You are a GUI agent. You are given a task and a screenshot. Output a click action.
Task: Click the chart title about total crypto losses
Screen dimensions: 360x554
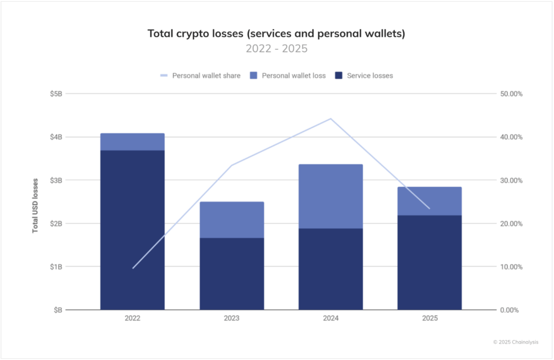(276, 34)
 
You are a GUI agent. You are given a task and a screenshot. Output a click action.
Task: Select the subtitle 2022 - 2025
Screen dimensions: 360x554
(276, 49)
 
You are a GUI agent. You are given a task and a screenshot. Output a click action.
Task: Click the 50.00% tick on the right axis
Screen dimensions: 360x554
(511, 94)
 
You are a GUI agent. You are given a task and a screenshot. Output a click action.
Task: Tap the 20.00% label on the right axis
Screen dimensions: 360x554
(511, 224)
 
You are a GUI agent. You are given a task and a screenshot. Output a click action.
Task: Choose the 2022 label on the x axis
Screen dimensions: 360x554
(132, 319)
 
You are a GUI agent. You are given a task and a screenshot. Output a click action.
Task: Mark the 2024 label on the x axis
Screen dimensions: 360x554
(331, 319)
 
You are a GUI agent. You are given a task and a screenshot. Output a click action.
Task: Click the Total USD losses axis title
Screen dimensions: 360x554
(35, 205)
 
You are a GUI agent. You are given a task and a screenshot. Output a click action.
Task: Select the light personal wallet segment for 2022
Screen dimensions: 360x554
(132, 142)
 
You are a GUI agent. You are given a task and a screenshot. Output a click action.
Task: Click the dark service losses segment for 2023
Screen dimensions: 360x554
(232, 274)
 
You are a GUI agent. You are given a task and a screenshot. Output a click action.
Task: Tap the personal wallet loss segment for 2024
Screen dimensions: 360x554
(331, 196)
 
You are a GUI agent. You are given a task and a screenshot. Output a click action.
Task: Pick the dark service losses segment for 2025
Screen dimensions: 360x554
(430, 263)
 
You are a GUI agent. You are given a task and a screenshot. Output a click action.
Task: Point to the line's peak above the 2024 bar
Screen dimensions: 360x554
(331, 119)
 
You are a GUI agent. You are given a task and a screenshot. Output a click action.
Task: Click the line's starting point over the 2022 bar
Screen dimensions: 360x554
(133, 268)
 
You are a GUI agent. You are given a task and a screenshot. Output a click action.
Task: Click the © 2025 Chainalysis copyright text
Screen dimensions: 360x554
(516, 342)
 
